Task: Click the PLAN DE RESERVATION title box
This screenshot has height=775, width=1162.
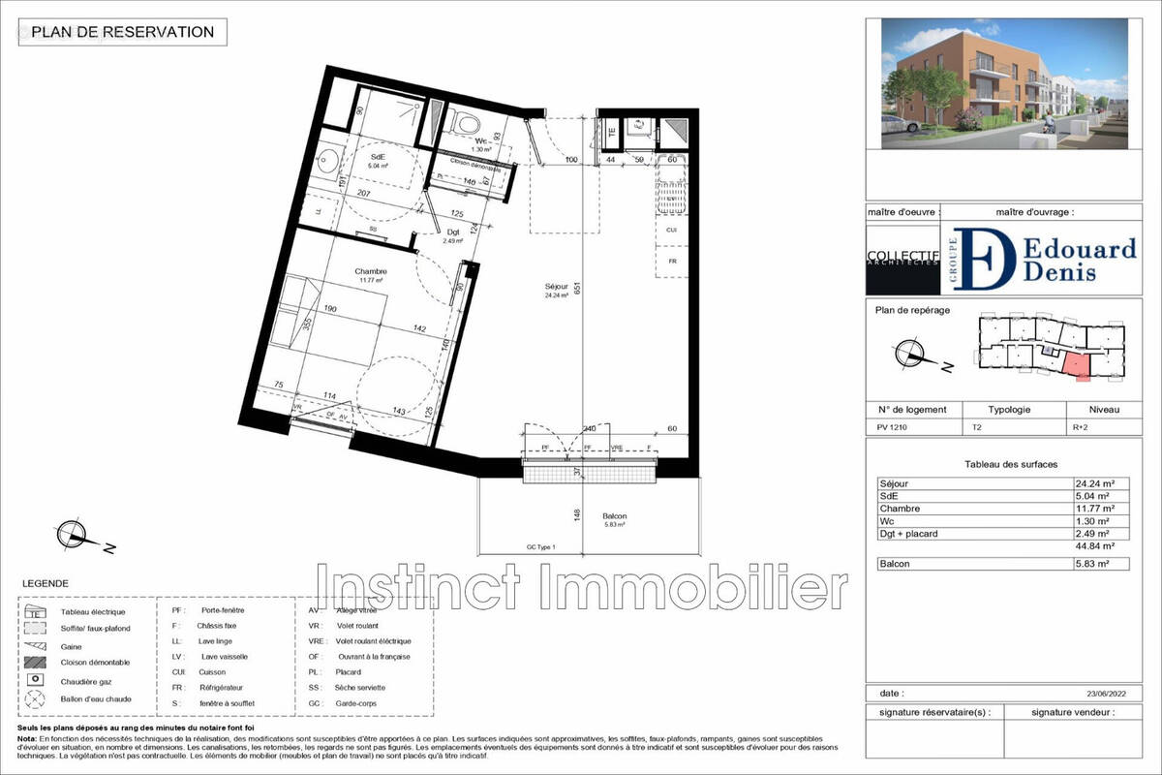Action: click(x=123, y=32)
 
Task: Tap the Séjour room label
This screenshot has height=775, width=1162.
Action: click(x=557, y=288)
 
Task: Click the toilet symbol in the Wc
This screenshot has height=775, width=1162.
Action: click(x=469, y=123)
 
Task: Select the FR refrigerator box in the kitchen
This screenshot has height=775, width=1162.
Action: click(x=672, y=262)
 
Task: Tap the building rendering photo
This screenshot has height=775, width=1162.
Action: click(x=1004, y=83)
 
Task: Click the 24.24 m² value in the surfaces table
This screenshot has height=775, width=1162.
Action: click(x=1095, y=483)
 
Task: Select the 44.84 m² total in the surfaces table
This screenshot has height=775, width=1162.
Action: click(x=1094, y=546)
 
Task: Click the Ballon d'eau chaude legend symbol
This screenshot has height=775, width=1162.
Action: click(x=36, y=698)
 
